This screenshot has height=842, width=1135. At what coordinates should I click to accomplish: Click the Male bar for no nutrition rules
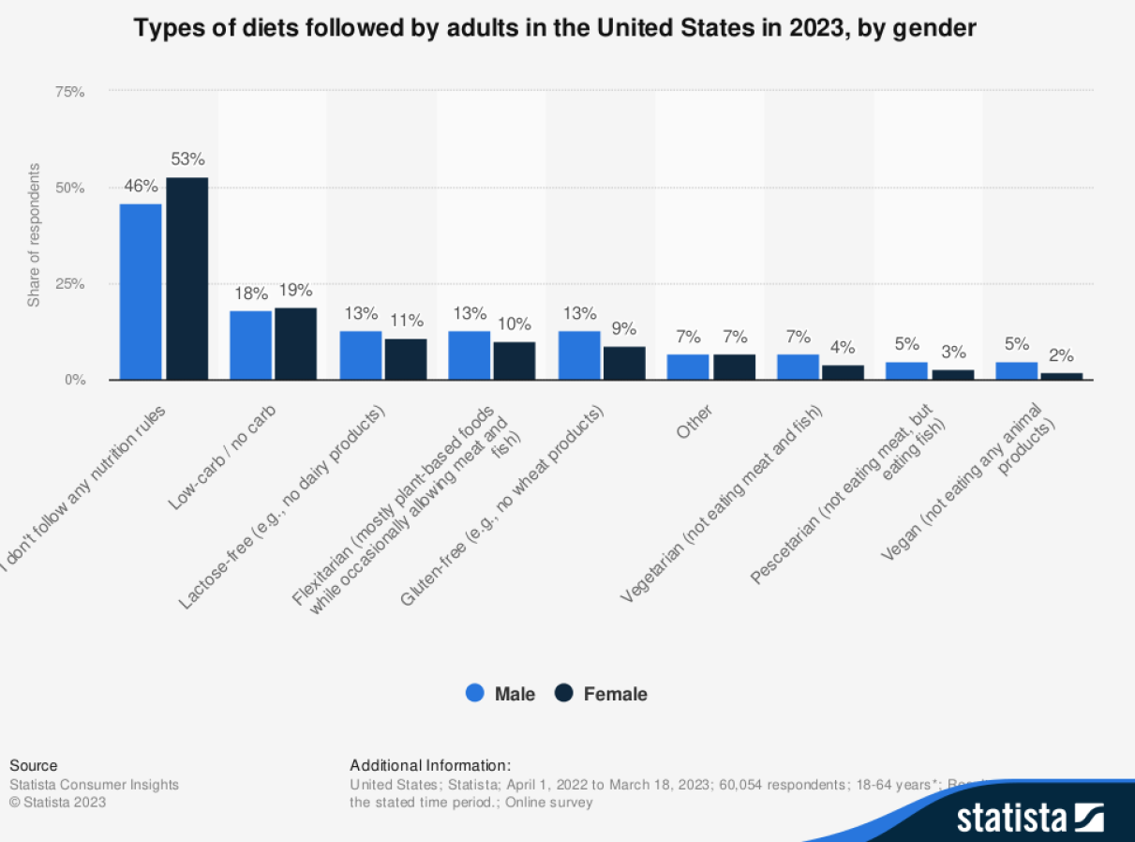(x=141, y=292)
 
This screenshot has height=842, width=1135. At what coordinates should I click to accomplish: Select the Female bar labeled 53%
(x=187, y=278)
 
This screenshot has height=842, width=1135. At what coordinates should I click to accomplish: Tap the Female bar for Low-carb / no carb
(x=295, y=343)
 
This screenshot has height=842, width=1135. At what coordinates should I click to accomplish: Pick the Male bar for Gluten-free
(x=578, y=355)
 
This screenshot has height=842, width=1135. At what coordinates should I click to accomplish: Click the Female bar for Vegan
(x=1061, y=376)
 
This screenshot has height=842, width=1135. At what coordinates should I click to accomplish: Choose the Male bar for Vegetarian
(x=797, y=367)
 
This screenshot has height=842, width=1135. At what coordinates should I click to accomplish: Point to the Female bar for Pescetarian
(x=952, y=374)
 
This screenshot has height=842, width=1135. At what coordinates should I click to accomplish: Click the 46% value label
(x=141, y=186)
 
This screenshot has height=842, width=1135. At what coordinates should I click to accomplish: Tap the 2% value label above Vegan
(x=1061, y=355)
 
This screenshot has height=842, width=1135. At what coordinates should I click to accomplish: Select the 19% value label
(x=295, y=291)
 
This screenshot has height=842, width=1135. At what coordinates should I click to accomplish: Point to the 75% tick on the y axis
(x=70, y=92)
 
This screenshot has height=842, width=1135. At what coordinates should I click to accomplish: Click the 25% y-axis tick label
(x=70, y=284)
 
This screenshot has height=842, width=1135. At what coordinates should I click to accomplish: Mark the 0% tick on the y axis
(x=75, y=380)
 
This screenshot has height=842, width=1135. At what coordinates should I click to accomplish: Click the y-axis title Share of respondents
(x=34, y=235)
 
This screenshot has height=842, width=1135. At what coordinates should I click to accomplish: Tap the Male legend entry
(x=501, y=694)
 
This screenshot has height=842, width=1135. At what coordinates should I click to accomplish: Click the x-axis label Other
(x=694, y=421)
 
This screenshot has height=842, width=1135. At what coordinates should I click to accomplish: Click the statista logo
(x=1029, y=817)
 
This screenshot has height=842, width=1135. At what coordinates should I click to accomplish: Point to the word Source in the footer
(x=33, y=765)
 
